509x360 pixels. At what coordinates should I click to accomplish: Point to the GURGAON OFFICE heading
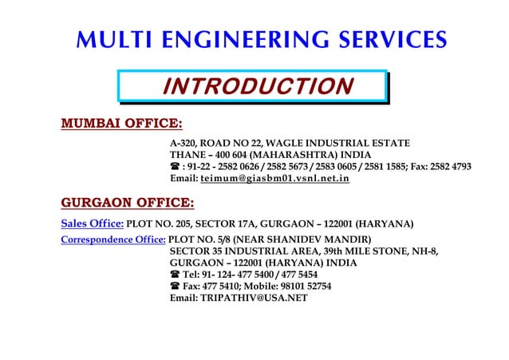(128, 201)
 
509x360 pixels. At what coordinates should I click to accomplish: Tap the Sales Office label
(92, 224)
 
